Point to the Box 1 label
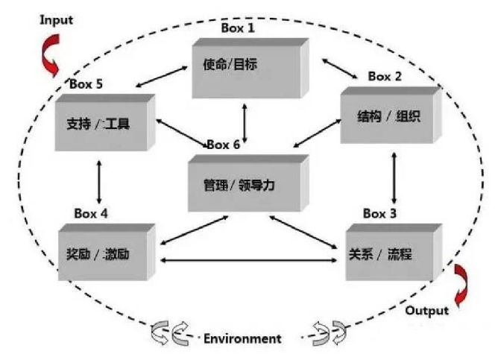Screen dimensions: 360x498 tap(238, 28)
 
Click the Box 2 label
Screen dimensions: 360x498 tap(385, 76)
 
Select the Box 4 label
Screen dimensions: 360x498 tap(91, 213)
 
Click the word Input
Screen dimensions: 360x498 tap(56, 20)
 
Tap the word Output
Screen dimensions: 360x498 tap(427, 310)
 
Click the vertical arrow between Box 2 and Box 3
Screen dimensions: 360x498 tap(394, 179)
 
